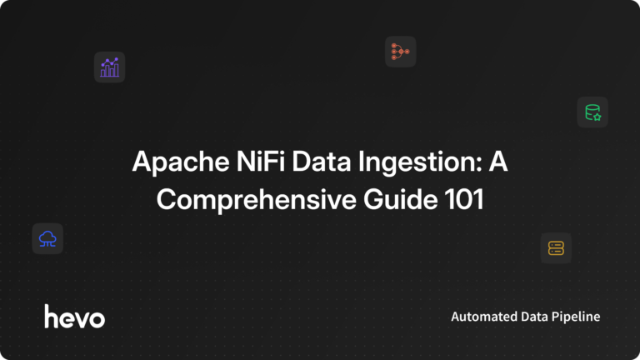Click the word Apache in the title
[x=171, y=162]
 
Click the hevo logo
[x=74, y=316]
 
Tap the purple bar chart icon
[x=109, y=67]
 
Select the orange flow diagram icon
[x=400, y=52]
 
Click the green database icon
[x=592, y=112]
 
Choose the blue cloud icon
[x=47, y=238]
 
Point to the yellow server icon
[x=556, y=247]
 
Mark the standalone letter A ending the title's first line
[x=497, y=162]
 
